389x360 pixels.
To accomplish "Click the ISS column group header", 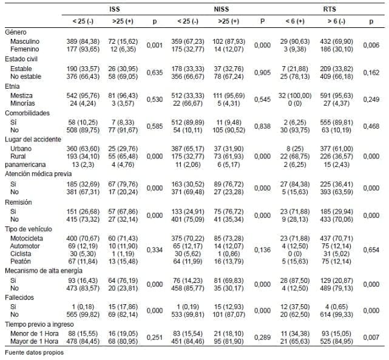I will [x=114, y=9].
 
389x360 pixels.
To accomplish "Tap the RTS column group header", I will [x=330, y=9].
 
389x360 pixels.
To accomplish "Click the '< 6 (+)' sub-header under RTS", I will [x=296, y=21].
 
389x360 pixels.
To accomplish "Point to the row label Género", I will [x=16, y=32].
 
